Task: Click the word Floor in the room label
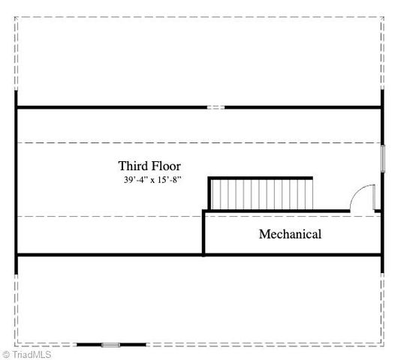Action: (167, 166)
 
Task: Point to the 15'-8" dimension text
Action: (169, 180)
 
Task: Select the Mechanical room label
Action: (290, 234)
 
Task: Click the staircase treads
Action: (261, 195)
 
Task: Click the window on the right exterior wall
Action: (383, 159)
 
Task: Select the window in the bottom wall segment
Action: (110, 345)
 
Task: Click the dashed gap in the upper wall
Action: (216, 107)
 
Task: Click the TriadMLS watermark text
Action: (32, 355)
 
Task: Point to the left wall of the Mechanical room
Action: (204, 232)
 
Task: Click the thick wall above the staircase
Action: (260, 178)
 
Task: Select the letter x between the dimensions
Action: (152, 181)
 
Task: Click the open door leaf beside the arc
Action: (374, 197)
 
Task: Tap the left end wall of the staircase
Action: (210, 193)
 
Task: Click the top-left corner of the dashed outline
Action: (15, 17)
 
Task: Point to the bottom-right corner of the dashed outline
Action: (384, 346)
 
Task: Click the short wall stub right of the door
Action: (378, 211)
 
